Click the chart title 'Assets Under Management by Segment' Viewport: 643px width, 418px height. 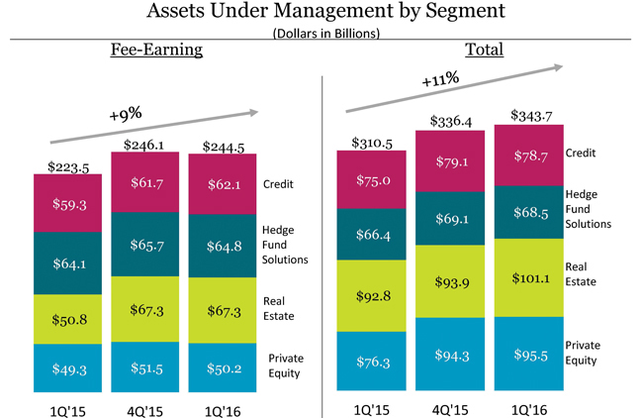[321, 13]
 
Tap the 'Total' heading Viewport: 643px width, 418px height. [484, 50]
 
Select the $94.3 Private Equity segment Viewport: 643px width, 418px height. [449, 356]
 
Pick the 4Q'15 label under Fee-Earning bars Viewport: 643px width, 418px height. [145, 408]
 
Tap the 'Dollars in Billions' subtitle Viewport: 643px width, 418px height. [321, 33]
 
